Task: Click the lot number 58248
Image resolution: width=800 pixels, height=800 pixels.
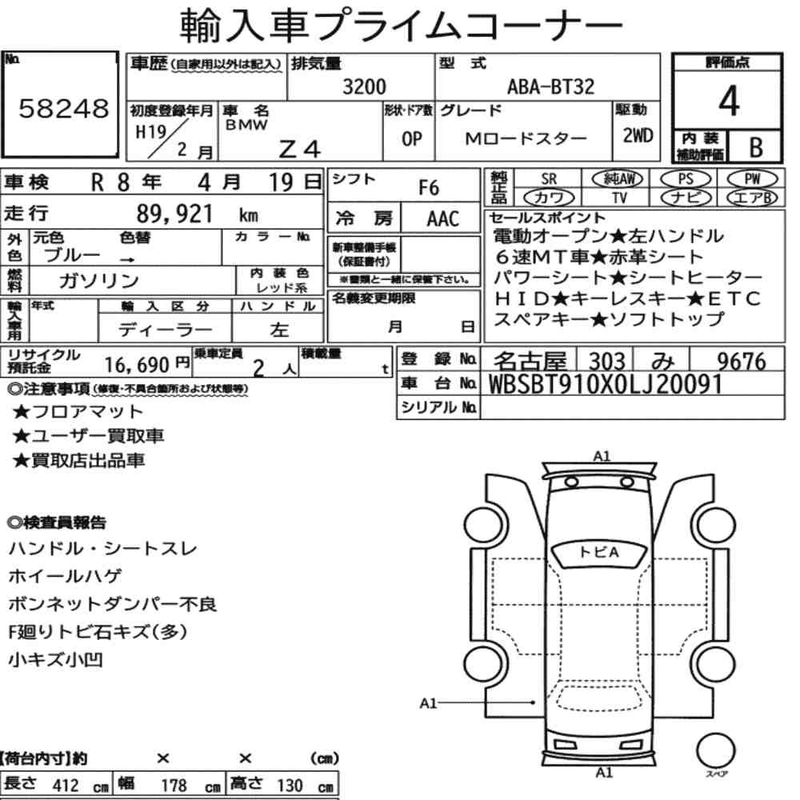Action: pos(64,108)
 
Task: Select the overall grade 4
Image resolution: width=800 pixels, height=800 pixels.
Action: pos(728,101)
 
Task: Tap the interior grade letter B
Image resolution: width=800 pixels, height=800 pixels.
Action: pos(756,147)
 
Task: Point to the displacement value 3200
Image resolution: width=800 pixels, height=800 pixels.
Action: pos(364,86)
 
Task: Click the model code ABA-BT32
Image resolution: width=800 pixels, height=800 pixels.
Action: pos(551,86)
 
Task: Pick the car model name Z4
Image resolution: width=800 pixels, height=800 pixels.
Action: pos(299,149)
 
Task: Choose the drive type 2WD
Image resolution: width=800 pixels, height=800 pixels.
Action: pos(638,135)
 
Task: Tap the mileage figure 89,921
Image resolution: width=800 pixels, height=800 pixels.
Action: pos(174,214)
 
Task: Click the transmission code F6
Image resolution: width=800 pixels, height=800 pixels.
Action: pos(429,188)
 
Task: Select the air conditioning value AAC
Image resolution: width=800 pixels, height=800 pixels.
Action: pos(443,219)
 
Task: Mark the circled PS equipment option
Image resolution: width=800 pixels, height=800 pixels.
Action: pos(686,179)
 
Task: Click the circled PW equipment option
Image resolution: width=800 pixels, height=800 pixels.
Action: pos(752,178)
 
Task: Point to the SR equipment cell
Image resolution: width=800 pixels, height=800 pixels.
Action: pos(549,179)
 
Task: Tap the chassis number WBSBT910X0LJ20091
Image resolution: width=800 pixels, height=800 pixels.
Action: pos(605,384)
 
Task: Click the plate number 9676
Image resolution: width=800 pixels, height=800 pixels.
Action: pos(742,362)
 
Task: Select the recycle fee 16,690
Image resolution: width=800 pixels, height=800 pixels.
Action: pos(137,365)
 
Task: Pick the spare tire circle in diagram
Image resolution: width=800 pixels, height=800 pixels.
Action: pos(715,751)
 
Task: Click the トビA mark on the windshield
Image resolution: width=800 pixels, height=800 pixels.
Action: pos(599,552)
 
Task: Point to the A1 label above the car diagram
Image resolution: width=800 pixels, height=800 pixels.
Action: pos(602,456)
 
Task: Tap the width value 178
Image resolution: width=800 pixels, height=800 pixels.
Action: pos(174,786)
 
